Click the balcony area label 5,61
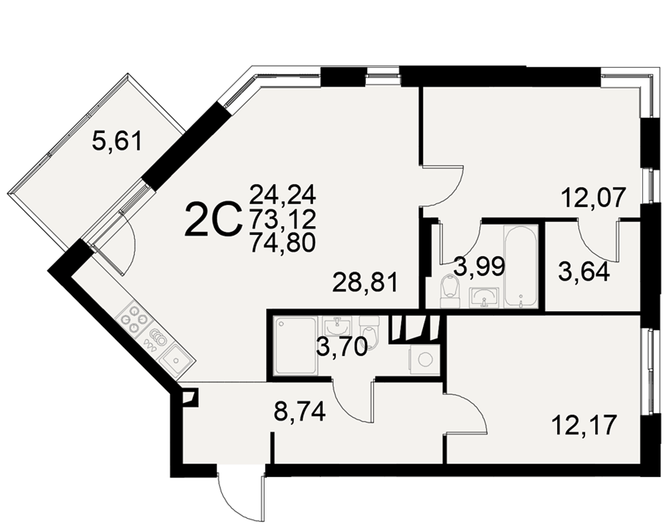click(116, 141)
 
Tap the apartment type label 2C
click(213, 219)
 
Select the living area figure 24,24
click(283, 195)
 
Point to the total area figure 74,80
click(283, 243)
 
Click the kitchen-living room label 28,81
click(366, 283)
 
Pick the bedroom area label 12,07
click(593, 198)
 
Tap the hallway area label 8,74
click(301, 412)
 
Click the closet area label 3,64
click(584, 272)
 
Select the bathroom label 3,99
click(479, 267)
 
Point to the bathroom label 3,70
click(342, 348)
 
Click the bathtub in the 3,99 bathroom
click(521, 267)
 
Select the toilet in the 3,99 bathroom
click(450, 290)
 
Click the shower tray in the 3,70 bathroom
click(295, 346)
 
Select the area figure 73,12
click(283, 219)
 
